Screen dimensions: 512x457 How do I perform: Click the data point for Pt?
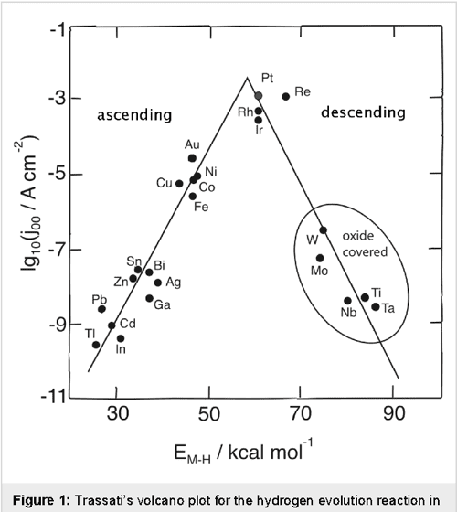click(x=259, y=95)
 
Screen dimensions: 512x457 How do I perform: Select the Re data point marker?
click(x=286, y=96)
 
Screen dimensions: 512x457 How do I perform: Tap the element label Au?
click(x=192, y=144)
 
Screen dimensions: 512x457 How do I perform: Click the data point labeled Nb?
click(x=347, y=301)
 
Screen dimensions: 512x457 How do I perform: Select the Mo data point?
click(x=320, y=258)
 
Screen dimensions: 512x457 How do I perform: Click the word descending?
click(x=366, y=112)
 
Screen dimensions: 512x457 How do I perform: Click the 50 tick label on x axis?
click(x=209, y=414)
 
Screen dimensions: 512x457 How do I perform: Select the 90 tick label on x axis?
click(x=394, y=414)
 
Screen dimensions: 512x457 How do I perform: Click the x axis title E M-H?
click(x=235, y=453)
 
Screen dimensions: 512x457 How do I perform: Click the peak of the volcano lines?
click(x=247, y=77)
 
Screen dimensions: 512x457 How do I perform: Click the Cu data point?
click(x=179, y=183)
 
